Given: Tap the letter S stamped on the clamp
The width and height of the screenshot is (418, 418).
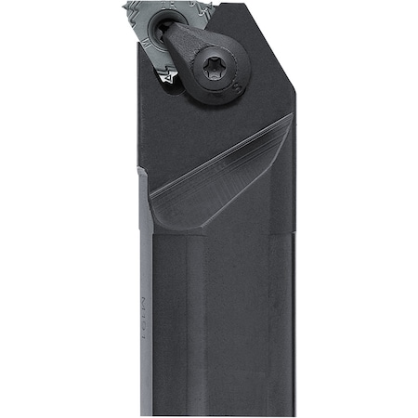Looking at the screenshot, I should pos(239,89).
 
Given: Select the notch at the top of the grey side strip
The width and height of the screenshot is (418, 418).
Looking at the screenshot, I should pos(142,171).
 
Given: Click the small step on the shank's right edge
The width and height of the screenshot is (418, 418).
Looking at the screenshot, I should pos(292,232).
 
